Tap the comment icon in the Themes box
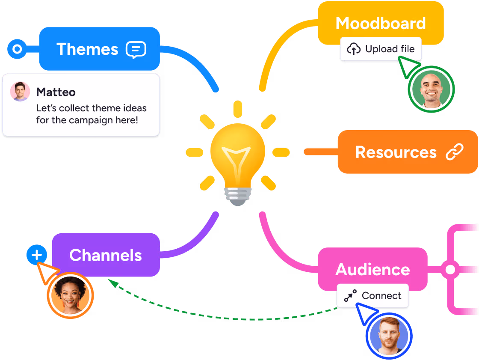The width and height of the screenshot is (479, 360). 136,50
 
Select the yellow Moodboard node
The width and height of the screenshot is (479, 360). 380,23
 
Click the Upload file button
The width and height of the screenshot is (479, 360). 381,49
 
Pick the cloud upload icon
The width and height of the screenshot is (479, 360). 354,49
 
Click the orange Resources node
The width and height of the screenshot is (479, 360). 396,152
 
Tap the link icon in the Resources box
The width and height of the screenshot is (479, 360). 454,152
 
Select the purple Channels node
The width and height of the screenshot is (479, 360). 106,255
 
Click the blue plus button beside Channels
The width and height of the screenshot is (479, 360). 37,256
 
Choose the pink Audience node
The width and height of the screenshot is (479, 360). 373,269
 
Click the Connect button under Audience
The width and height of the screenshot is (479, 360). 373,296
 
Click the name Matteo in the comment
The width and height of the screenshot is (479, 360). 56,92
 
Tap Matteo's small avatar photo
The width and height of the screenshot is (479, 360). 20,92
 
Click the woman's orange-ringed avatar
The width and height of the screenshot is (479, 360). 70,295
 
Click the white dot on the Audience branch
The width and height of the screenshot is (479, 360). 450,270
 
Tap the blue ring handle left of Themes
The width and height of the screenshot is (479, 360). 17,49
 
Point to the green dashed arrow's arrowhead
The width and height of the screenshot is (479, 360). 111,282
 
